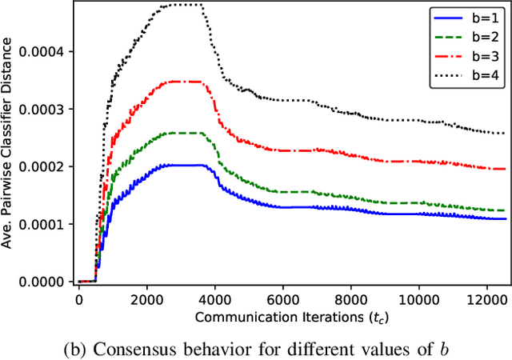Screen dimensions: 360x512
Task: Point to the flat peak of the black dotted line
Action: coord(180,5)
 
